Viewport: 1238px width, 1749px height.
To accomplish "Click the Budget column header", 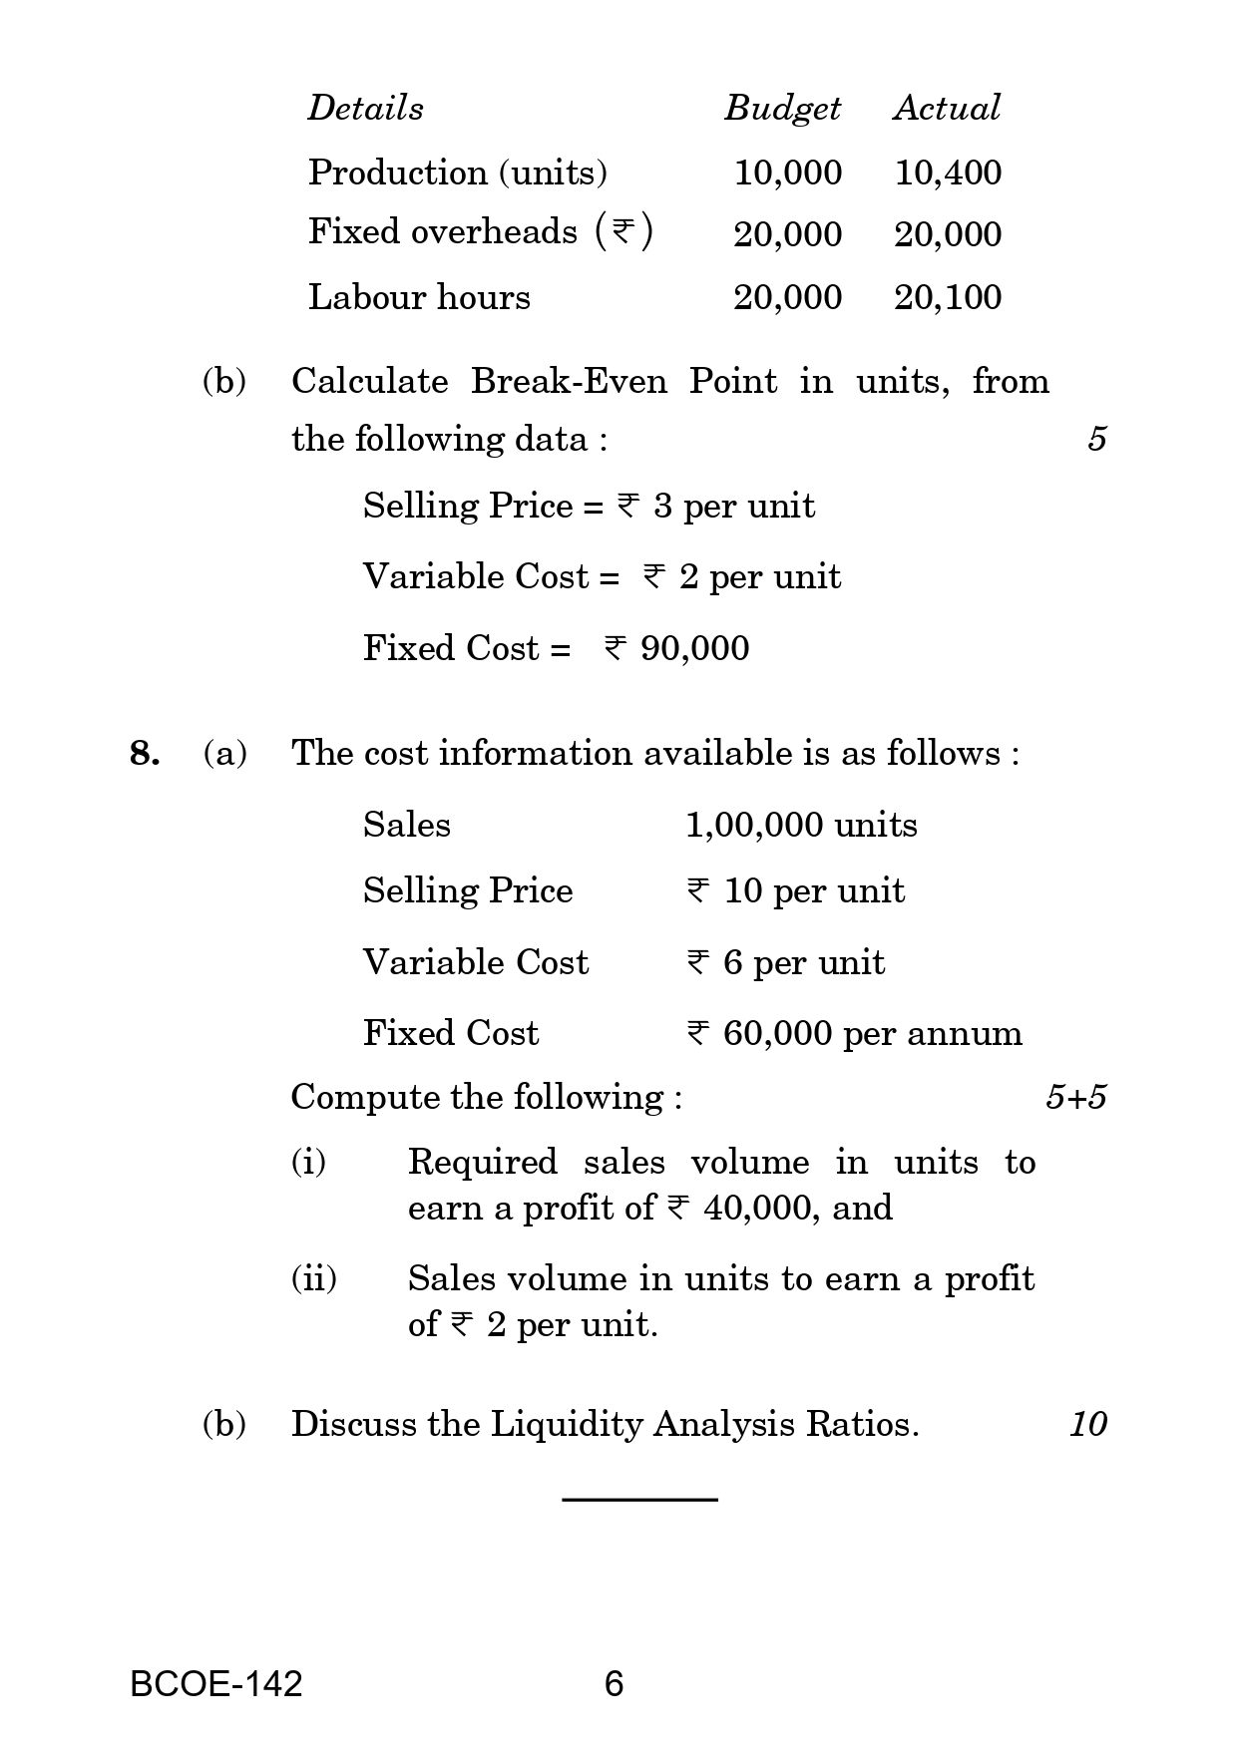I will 782,109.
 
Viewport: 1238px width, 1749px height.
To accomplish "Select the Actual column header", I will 946,108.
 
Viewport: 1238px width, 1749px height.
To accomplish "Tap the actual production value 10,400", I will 948,173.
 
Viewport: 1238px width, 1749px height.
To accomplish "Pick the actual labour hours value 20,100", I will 948,297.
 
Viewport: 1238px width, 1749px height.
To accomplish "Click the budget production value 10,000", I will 787,173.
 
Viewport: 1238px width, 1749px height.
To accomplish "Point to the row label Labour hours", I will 419,297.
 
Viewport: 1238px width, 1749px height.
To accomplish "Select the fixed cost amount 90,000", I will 694,648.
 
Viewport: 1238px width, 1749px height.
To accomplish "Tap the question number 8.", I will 144,753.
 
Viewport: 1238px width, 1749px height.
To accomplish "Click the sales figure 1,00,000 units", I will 801,825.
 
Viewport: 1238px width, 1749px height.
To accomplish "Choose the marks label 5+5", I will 1075,1098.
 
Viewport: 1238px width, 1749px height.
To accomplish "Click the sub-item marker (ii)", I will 313,1278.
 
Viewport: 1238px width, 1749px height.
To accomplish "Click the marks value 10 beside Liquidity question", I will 1087,1424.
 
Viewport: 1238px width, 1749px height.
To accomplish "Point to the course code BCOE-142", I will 215,1684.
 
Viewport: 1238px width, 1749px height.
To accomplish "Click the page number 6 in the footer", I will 614,1684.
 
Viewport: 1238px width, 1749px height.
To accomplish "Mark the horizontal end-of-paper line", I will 639,1499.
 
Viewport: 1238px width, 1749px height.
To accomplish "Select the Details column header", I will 365,108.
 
